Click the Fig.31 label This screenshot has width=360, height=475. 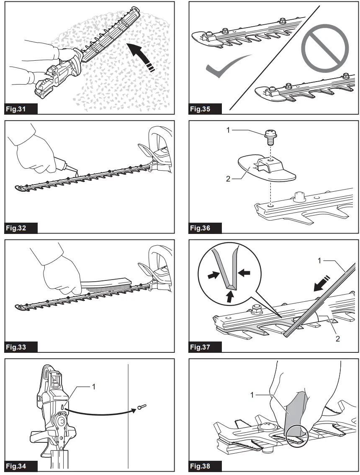coord(16,110)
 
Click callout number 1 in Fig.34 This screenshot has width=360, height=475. coord(94,387)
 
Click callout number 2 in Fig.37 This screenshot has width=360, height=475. coord(338,338)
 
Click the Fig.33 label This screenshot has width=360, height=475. coord(16,347)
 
